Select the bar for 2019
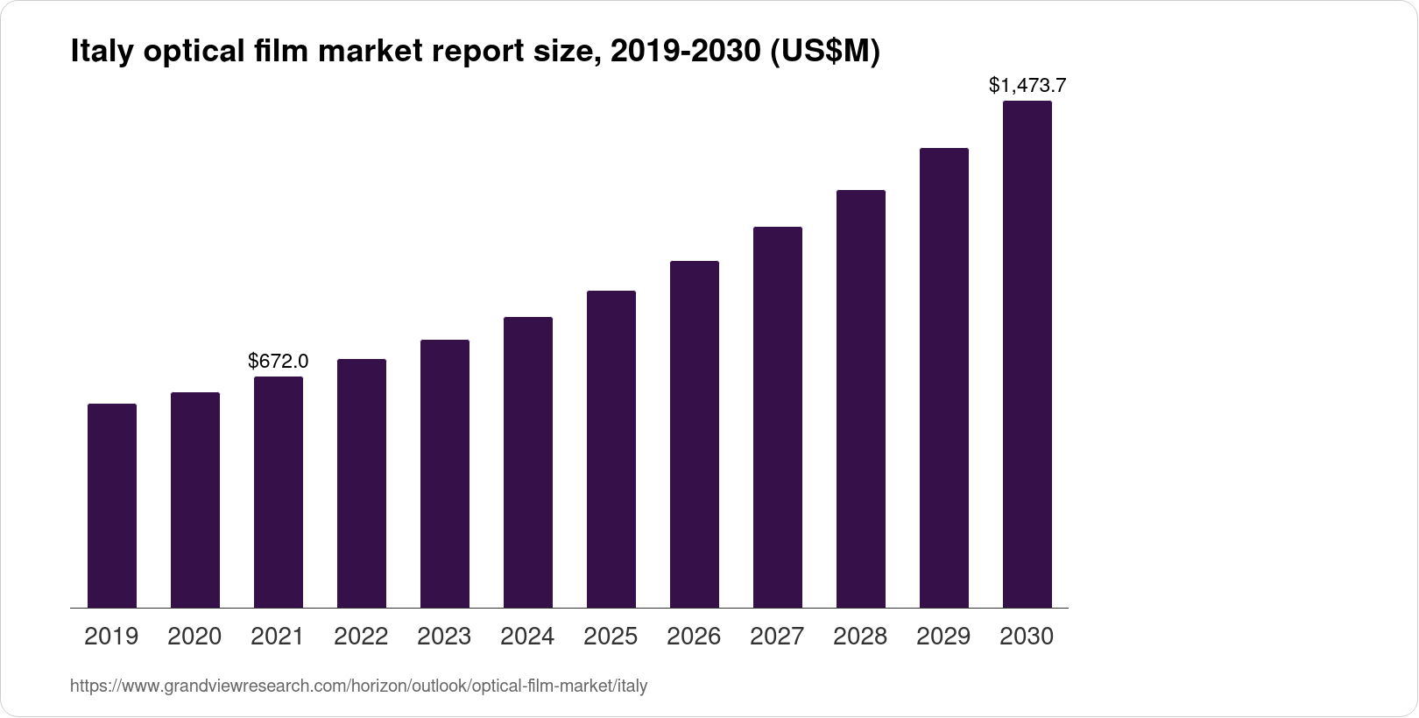tap(112, 505)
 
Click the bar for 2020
tap(195, 499)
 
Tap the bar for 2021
tap(279, 491)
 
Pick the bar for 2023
tap(445, 473)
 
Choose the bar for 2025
tap(611, 448)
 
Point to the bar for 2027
tap(778, 417)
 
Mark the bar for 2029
tap(944, 377)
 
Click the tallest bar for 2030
tap(1027, 354)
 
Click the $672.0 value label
tap(279, 361)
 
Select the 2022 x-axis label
tap(361, 637)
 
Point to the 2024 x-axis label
tap(527, 637)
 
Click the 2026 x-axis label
tap(694, 637)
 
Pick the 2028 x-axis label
tap(860, 637)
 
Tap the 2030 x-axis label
tap(1027, 637)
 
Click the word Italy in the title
tap(98, 53)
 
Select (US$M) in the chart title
tap(823, 53)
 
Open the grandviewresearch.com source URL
tap(358, 686)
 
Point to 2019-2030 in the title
tap(684, 53)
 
